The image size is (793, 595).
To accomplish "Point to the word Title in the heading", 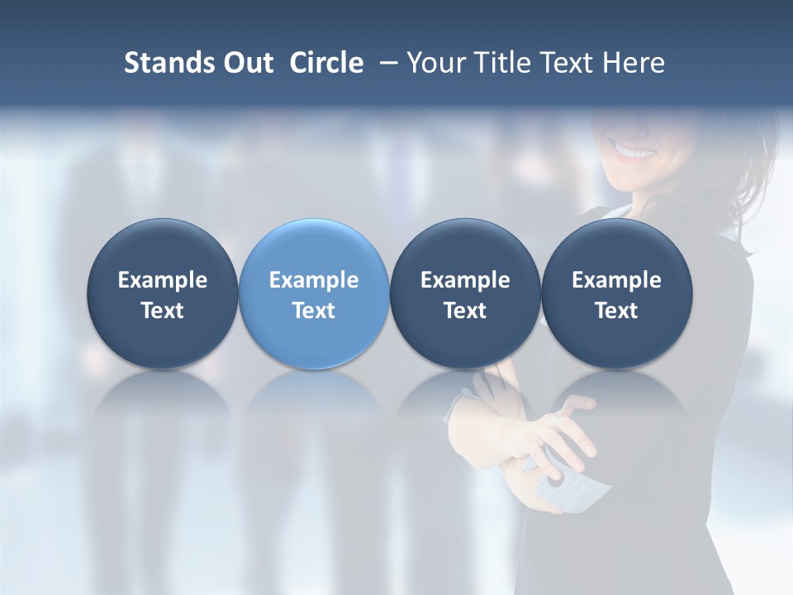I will click(502, 63).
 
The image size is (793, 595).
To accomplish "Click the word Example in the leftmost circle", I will click(162, 280).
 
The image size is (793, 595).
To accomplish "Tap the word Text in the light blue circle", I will click(313, 311).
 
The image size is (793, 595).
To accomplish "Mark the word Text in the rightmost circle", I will click(616, 311).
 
